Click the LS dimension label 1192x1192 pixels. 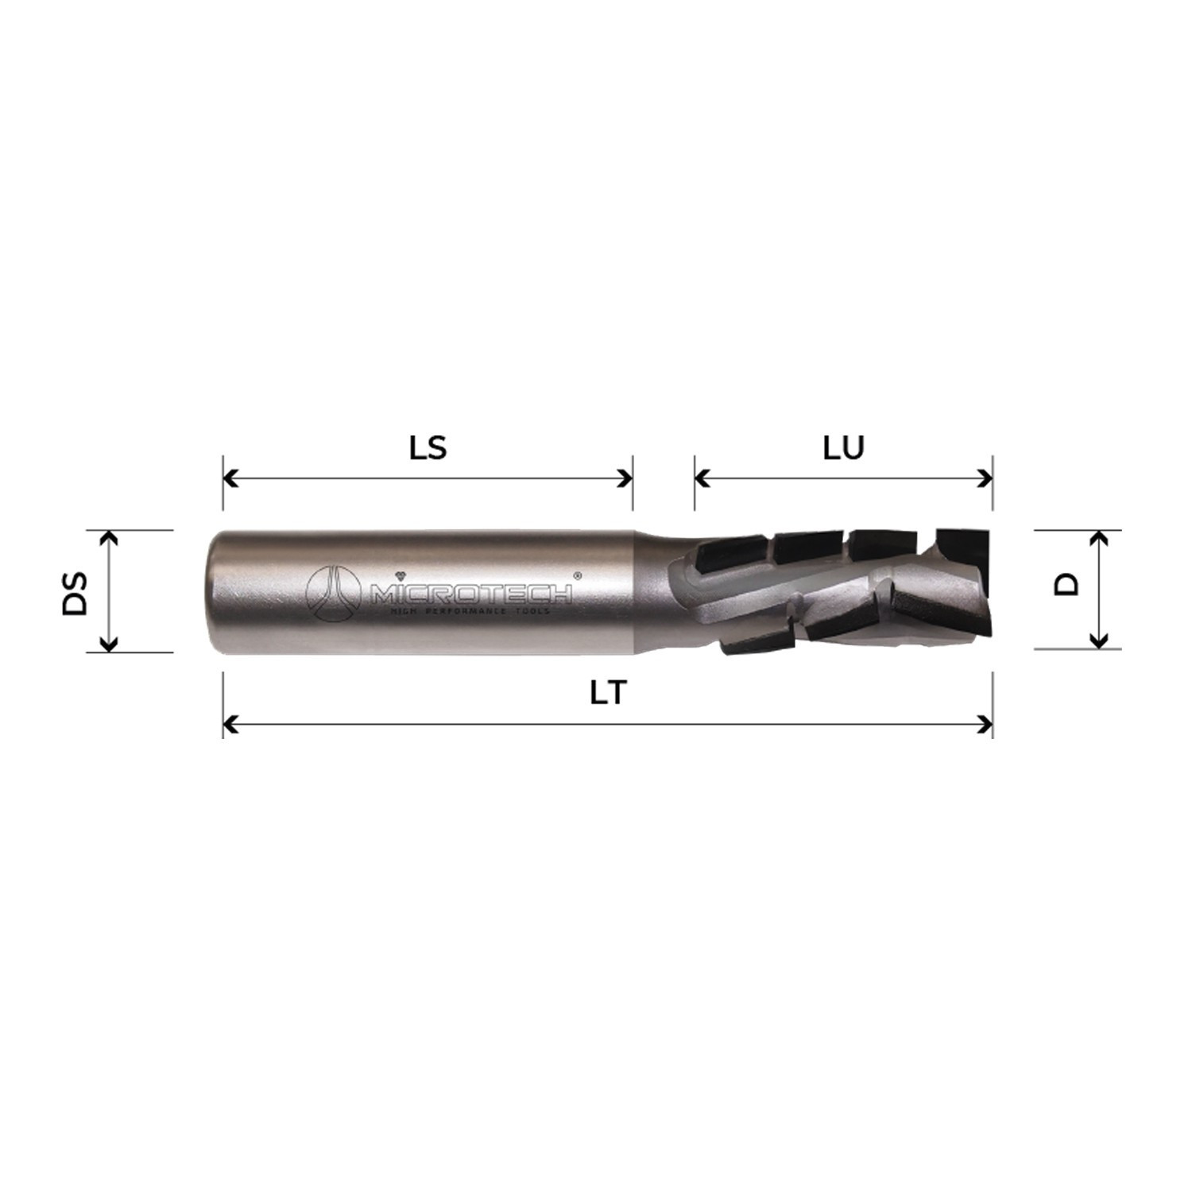[428, 448]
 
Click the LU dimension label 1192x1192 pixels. [843, 448]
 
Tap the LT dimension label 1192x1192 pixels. [609, 694]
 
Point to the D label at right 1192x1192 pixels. [1066, 585]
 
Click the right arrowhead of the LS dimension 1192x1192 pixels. [625, 478]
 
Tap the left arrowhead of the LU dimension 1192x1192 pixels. [702, 478]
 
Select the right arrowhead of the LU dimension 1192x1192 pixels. [986, 478]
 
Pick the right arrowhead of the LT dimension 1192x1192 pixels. [986, 725]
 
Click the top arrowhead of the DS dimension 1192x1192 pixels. [110, 538]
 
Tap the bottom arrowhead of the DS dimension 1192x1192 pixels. [110, 644]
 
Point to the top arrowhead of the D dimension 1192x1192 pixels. [1098, 538]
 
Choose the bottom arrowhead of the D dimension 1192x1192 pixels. [1098, 641]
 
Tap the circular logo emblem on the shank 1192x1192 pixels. [333, 593]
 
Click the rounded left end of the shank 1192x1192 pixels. [216, 592]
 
